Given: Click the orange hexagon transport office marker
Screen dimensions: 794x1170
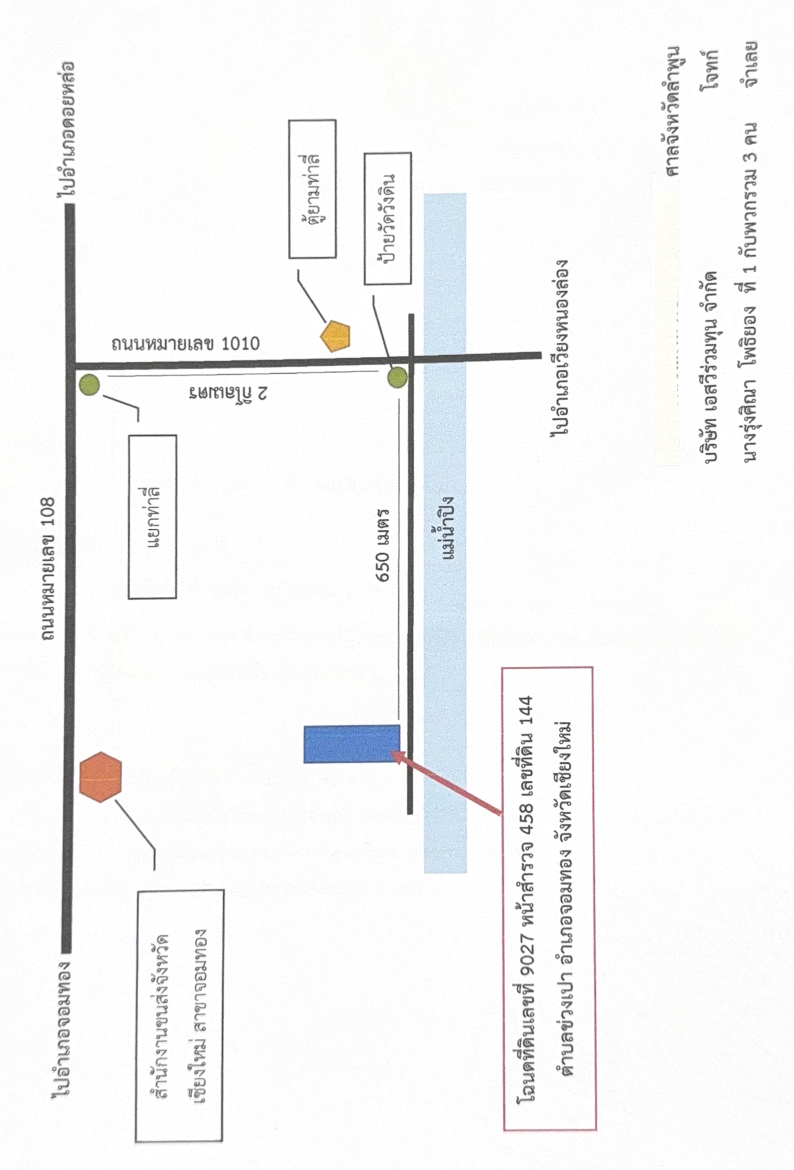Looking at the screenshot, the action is (x=101, y=777).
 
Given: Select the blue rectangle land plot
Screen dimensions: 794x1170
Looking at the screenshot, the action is (x=351, y=744).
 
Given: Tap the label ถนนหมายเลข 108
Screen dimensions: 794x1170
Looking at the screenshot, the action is (x=48, y=569).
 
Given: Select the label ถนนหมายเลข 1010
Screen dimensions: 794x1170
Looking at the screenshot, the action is (x=185, y=344).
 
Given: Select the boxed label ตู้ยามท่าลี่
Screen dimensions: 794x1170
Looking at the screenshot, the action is (x=312, y=189).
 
